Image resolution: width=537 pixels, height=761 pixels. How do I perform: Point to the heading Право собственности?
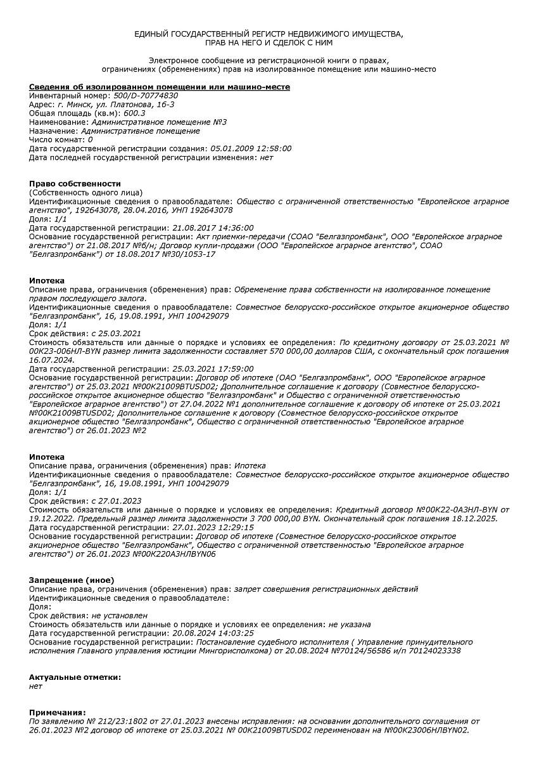click(x=75, y=183)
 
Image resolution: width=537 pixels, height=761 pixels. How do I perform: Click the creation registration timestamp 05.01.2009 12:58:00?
click(x=251, y=148)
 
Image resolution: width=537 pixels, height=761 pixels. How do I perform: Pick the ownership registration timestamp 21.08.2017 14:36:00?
click(x=213, y=228)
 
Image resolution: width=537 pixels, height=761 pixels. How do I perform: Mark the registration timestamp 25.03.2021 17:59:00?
click(x=213, y=368)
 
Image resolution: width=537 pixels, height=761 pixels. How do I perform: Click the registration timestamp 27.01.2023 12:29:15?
click(x=213, y=527)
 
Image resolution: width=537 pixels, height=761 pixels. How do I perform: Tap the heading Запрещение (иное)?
click(x=72, y=580)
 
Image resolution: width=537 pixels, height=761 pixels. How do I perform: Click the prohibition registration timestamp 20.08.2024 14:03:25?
click(x=213, y=633)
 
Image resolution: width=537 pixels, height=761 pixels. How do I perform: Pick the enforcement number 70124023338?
click(x=434, y=651)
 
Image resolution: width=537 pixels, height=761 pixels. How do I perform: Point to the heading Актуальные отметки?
click(x=75, y=677)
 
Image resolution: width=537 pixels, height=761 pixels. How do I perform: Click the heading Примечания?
click(x=58, y=713)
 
